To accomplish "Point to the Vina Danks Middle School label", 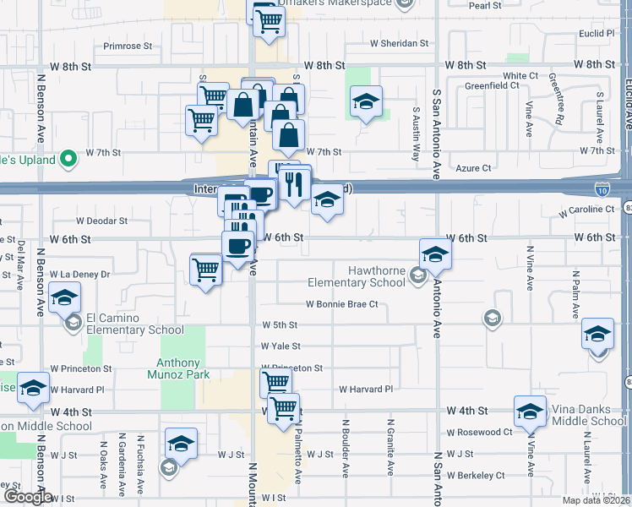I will (x=589, y=416).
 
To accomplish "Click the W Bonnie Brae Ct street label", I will (x=341, y=304).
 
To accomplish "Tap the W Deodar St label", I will (x=101, y=221).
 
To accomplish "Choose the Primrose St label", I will (x=127, y=46).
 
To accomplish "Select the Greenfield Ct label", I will (x=493, y=85).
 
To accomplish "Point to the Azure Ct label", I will (x=473, y=168).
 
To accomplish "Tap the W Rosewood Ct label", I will (x=479, y=432).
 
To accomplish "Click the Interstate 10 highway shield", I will (x=602, y=189).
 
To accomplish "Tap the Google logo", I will (x=27, y=497).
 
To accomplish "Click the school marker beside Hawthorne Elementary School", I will (x=435, y=253).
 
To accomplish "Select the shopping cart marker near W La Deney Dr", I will (x=205, y=270).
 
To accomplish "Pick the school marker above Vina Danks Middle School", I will (x=530, y=411).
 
